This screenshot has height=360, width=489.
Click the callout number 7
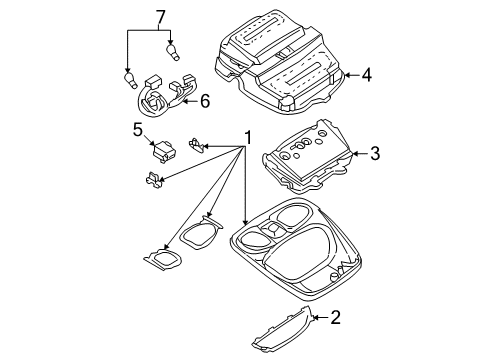pos(155,17)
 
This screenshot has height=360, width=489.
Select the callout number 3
pos(374,153)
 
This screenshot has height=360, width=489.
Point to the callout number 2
pos(335,318)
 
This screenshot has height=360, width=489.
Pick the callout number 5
pos(138,128)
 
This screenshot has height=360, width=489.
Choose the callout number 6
pos(205,100)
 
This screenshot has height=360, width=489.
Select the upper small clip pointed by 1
pos(197,147)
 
